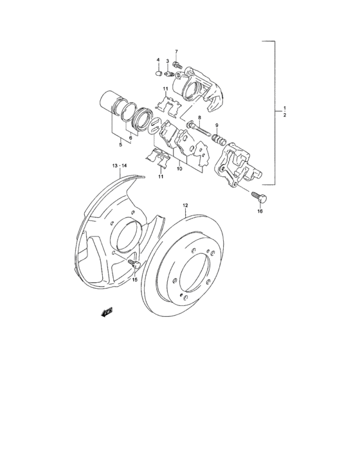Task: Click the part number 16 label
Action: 260,210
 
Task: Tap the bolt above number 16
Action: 258,195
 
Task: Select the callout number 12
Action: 184,206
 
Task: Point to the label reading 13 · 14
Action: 120,166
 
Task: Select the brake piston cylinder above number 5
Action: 113,104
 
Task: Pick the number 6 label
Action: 130,137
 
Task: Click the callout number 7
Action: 177,51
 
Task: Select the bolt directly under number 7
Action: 178,65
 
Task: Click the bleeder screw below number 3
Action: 170,72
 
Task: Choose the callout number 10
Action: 179,168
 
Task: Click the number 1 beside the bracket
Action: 284,107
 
